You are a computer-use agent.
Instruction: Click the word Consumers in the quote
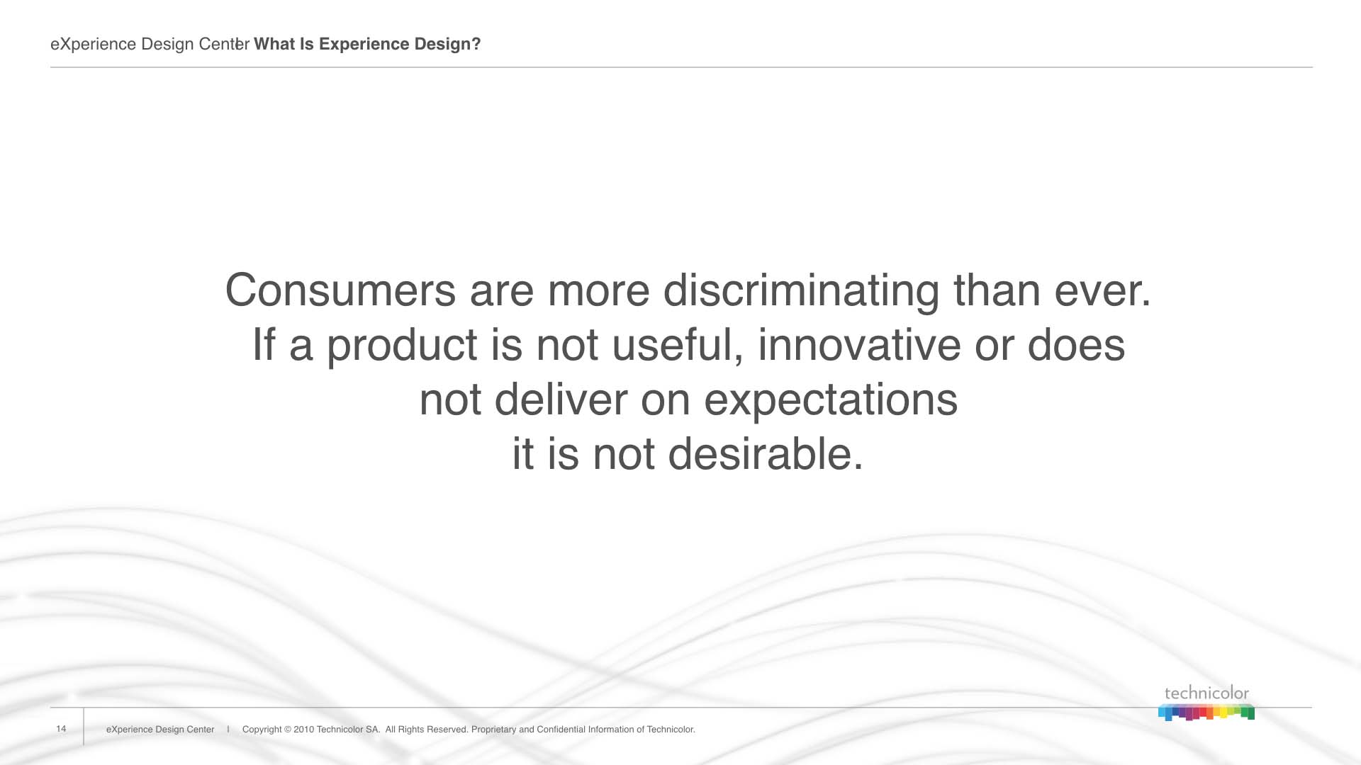340,290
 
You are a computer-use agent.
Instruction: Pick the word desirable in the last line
766,454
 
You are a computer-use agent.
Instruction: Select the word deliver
561,399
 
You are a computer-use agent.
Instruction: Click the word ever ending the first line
1102,290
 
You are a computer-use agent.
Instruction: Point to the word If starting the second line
264,345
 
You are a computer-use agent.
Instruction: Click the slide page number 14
61,729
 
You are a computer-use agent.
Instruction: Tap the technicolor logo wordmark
1206,693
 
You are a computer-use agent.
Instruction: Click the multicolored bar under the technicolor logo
1206,712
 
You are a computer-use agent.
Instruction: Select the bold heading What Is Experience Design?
367,45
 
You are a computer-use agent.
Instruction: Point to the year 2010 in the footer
303,730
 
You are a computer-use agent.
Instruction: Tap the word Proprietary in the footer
494,730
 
